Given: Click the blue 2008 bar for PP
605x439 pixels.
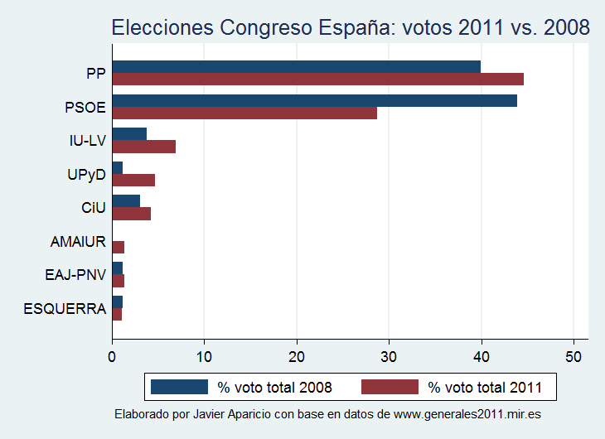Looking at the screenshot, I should tap(296, 66).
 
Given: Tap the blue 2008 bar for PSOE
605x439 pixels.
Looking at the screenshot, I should tap(314, 100).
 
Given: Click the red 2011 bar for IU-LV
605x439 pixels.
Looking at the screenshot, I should tap(143, 147).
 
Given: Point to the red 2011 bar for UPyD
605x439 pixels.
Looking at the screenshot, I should tap(133, 180).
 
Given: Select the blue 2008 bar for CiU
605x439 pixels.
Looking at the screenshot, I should tap(126, 201).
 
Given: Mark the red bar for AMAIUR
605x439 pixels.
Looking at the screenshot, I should tap(118, 247).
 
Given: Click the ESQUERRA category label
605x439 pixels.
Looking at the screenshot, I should tap(65, 309).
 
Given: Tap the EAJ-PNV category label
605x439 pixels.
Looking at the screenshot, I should tap(75, 275).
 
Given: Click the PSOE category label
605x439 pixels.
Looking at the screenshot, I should tap(85, 107).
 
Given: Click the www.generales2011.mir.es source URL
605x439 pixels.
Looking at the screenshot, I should tap(464, 413).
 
